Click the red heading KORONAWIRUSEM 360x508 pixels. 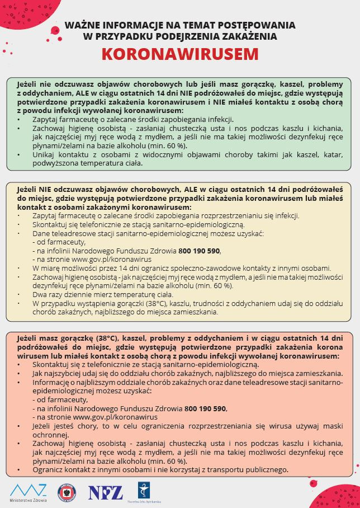pyautogui.click(x=180, y=54)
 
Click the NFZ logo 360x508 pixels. pyautogui.click(x=105, y=492)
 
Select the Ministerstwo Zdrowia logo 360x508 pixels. pyautogui.click(x=29, y=491)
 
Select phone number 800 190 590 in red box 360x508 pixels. pyautogui.click(x=206, y=408)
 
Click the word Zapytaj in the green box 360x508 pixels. pyautogui.click(x=45, y=119)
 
